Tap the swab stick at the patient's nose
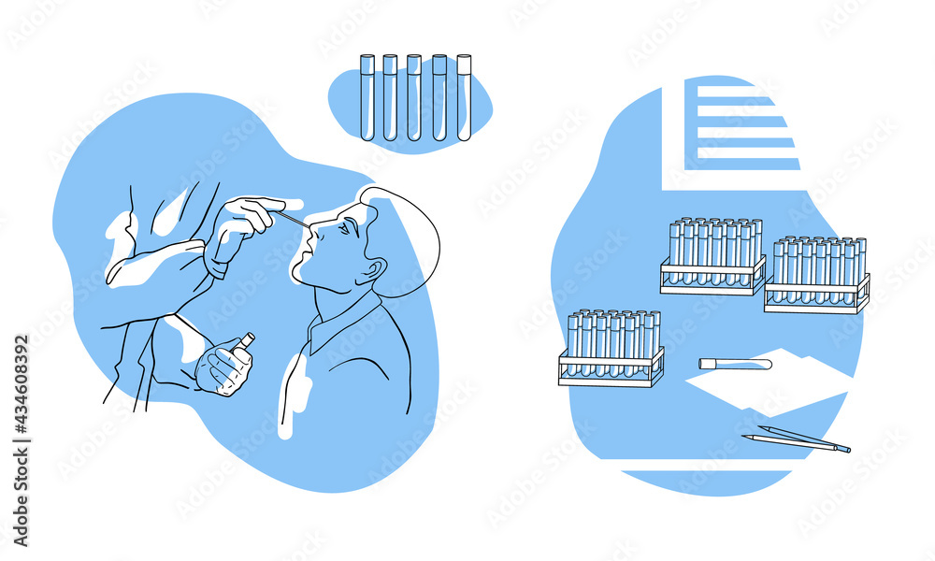[291, 221]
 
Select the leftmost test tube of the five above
[367, 97]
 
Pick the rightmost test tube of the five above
[464, 97]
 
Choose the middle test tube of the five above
[414, 97]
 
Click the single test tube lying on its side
[735, 364]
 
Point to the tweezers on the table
[797, 439]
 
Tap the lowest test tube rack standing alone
[611, 348]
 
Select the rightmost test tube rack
[817, 274]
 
